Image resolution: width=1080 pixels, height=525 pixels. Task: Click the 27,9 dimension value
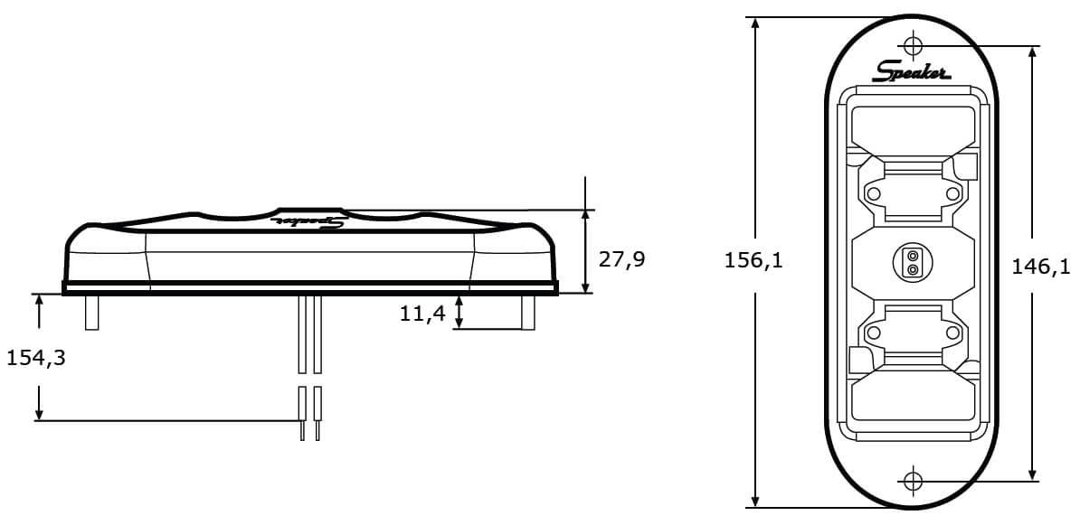click(x=622, y=259)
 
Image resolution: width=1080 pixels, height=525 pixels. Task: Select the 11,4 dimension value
click(x=422, y=314)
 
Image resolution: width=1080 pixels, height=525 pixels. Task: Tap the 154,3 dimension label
click(x=36, y=358)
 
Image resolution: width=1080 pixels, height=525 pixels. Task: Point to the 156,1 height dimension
click(x=753, y=260)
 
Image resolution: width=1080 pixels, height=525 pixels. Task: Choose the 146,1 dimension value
click(x=1041, y=267)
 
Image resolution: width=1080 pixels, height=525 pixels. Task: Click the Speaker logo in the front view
click(x=911, y=70)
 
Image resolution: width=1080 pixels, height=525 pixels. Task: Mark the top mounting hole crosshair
click(x=914, y=45)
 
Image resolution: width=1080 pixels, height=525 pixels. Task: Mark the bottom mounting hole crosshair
click(x=913, y=481)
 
